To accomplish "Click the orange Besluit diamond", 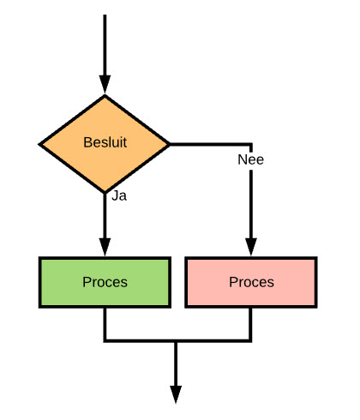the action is (105, 144).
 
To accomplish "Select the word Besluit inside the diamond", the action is (105, 142).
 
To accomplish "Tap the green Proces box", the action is (105, 282).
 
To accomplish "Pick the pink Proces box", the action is (251, 282).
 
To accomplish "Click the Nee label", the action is (250, 159).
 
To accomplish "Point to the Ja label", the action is (119, 196).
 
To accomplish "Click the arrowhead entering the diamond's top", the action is (105, 85).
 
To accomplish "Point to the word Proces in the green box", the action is (105, 282).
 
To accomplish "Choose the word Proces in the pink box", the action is (251, 282).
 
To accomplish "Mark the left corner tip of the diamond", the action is (39, 144).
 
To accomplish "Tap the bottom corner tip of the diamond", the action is (105, 194).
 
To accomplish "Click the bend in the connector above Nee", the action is (251, 144).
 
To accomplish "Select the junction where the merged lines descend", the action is (176, 341).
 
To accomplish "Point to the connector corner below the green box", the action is (105, 341).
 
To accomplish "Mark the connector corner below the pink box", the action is (251, 341).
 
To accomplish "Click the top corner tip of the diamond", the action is (105, 95).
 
